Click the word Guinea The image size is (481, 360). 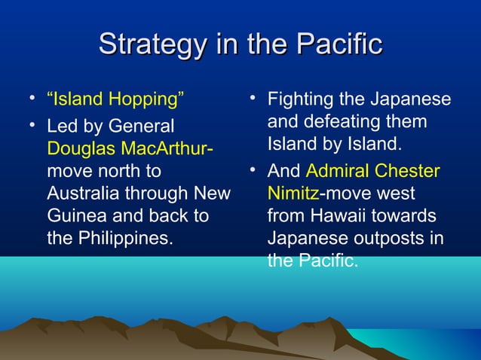click(x=72, y=215)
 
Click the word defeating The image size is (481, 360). click(x=343, y=121)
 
